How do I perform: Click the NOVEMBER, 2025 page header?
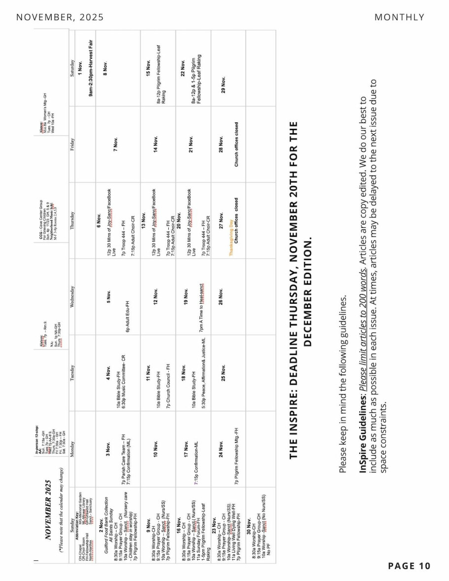[x=60, y=17]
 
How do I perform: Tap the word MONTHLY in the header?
[x=399, y=17]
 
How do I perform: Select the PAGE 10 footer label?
[x=409, y=566]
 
